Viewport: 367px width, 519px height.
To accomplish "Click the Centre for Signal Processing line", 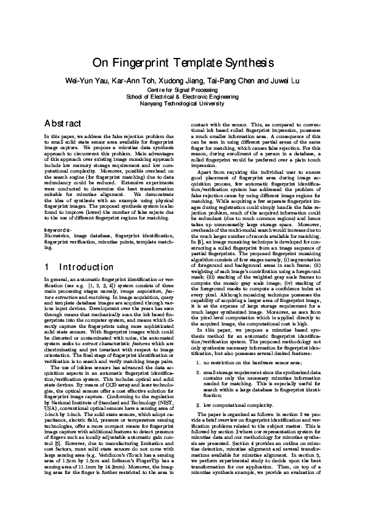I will (183, 90).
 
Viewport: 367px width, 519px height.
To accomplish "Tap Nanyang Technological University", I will (183, 104).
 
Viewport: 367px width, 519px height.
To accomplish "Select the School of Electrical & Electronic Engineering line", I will (183, 97).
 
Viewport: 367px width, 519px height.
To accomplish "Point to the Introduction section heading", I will (86, 268).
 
